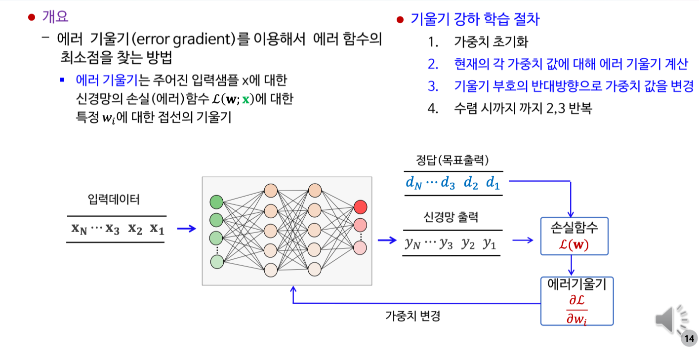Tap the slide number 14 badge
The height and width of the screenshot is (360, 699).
689,339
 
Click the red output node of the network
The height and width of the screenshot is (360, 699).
361,207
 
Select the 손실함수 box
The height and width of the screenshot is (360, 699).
574,236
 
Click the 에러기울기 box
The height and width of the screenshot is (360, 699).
576,301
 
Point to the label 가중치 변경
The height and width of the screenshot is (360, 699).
412,316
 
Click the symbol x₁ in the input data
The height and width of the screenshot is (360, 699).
157,229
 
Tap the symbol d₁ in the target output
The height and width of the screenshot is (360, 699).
493,183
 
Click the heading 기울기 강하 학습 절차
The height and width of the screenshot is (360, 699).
475,20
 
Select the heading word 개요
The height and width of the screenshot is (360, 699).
55,16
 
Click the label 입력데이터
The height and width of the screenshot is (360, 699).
114,200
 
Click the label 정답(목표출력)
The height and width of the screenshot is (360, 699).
452,160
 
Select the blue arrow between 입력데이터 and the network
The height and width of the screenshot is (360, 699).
186,229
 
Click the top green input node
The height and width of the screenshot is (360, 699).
216,202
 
